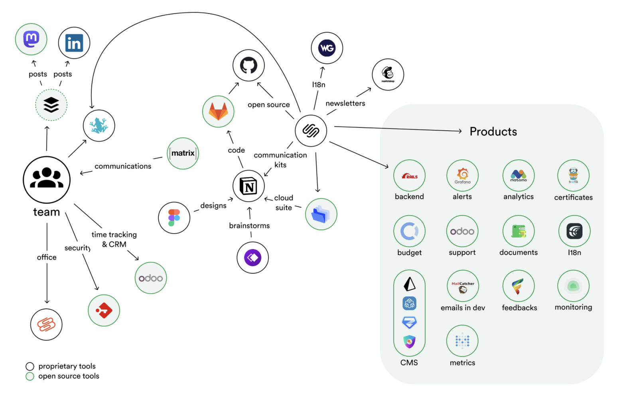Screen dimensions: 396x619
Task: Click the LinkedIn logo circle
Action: click(74, 43)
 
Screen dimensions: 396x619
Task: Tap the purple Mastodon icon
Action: click(31, 39)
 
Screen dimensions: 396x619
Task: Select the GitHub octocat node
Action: click(248, 65)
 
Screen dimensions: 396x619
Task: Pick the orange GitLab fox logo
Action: click(218, 112)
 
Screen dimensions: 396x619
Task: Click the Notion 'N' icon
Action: click(248, 186)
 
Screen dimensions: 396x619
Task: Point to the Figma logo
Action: click(174, 218)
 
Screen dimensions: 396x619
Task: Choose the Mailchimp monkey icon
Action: click(388, 74)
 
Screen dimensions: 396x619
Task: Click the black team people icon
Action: click(47, 179)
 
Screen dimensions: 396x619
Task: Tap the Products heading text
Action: click(493, 131)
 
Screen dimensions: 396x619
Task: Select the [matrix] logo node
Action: click(183, 153)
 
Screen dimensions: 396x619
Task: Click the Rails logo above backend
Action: click(409, 176)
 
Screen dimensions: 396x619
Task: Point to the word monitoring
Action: click(573, 307)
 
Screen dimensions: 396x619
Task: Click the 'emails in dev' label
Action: click(463, 308)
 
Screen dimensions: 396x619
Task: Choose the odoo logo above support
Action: click(462, 231)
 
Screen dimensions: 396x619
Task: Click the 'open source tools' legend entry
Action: click(69, 376)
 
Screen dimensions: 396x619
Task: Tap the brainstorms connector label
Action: click(249, 225)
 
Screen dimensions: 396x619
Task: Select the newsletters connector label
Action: click(345, 103)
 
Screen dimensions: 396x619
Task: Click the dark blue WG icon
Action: click(327, 48)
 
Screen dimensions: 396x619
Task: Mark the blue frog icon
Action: click(99, 125)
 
